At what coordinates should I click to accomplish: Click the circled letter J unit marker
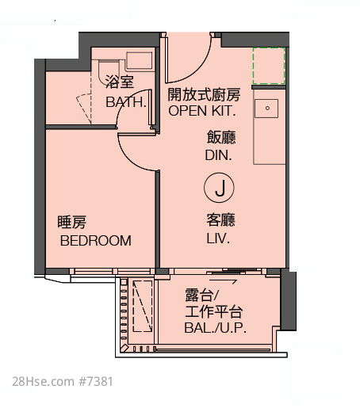[219, 188]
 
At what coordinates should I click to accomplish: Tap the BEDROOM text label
[96, 241]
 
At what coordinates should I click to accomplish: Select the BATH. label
[126, 102]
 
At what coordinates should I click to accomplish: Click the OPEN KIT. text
[202, 111]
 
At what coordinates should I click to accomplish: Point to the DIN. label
[219, 155]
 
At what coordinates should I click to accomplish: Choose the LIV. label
[218, 238]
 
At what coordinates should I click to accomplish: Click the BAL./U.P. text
[216, 328]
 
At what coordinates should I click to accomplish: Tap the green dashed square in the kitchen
[269, 66]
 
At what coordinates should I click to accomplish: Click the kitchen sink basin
[266, 109]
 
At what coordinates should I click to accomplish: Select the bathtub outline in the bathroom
[140, 61]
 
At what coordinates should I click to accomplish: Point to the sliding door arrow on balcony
[223, 281]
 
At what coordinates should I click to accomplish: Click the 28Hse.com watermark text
[44, 382]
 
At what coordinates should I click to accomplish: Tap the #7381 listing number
[96, 382]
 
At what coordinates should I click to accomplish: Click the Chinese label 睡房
[72, 222]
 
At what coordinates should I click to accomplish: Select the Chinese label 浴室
[120, 82]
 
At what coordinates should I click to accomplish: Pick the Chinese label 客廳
[221, 220]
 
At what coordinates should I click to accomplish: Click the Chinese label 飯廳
[221, 137]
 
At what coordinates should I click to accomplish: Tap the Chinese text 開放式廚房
[204, 94]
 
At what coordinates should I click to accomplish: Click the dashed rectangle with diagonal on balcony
[143, 306]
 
